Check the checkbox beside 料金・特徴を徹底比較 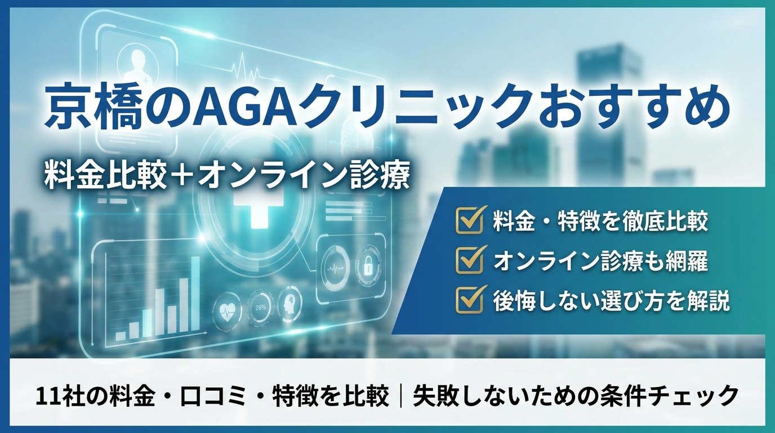coord(470,220)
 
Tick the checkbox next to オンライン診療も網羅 coord(470,260)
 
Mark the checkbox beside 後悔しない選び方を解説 coord(470,300)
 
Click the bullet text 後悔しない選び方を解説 coord(611,301)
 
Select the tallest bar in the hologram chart coord(195,296)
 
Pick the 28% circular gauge coord(260,307)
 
